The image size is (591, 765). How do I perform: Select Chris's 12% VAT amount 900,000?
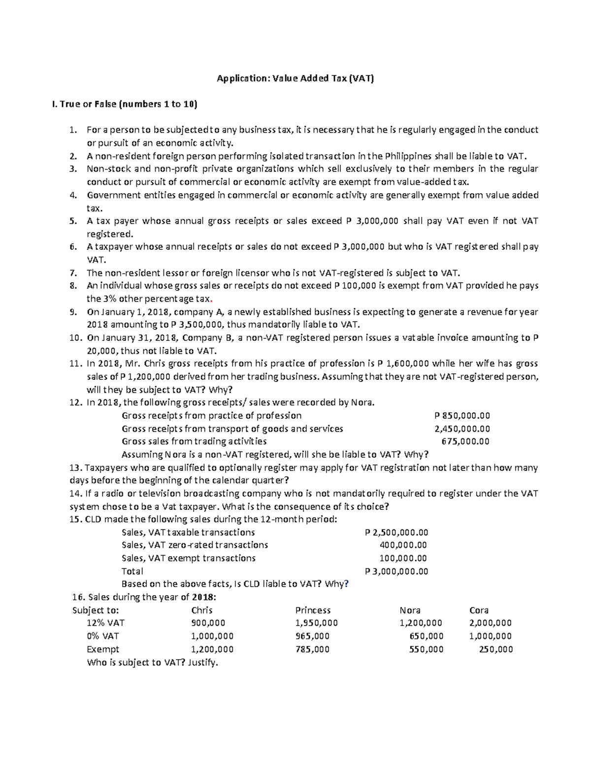pyautogui.click(x=208, y=623)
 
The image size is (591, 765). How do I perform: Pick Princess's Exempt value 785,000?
pyautogui.click(x=312, y=649)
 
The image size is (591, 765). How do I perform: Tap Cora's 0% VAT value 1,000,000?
pyautogui.click(x=490, y=636)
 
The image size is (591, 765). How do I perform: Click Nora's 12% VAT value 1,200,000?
pyautogui.click(x=421, y=623)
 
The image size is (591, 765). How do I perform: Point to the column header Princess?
pyautogui.click(x=313, y=610)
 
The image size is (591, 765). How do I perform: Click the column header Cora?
pyautogui.click(x=479, y=610)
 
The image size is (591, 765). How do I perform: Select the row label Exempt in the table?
pyautogui.click(x=103, y=649)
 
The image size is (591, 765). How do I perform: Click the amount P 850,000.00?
pyautogui.click(x=459, y=416)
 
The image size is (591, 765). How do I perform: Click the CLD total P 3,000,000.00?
pyautogui.click(x=396, y=571)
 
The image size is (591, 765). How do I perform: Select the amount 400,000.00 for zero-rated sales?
pyautogui.click(x=403, y=545)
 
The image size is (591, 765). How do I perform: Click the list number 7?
pyautogui.click(x=73, y=273)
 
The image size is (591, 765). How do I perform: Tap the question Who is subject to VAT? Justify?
pyautogui.click(x=152, y=663)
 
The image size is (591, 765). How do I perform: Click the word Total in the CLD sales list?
pyautogui.click(x=132, y=571)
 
